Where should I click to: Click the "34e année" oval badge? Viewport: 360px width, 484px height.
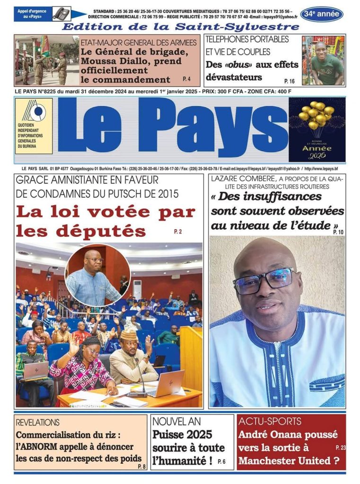coord(322,14)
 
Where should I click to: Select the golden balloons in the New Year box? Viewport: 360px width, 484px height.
coord(316,114)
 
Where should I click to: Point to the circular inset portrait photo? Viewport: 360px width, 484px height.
coord(97,275)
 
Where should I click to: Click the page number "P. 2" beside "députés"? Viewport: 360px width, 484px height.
coord(177,232)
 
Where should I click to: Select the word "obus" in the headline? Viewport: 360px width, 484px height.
coord(236,65)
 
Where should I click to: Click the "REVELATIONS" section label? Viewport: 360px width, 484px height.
coord(38,422)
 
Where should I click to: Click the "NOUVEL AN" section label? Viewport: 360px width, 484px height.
coord(176,421)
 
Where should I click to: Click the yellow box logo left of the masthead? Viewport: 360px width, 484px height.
coord(34,127)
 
